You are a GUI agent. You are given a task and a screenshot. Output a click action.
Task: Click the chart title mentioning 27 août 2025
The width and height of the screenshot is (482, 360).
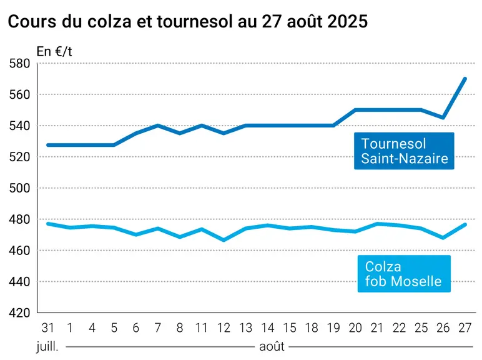pos(187,22)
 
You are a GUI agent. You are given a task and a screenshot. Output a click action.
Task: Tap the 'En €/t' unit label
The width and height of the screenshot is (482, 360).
pos(54,52)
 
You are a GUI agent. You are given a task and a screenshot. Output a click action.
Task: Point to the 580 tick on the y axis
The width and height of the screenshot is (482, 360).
pos(20,64)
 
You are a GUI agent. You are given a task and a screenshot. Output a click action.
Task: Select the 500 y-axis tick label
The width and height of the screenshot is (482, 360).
pos(20,188)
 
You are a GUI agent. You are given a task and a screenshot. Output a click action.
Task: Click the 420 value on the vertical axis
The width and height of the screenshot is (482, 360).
pos(20,313)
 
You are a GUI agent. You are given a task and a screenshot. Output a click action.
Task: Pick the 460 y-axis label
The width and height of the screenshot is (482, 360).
pos(20,251)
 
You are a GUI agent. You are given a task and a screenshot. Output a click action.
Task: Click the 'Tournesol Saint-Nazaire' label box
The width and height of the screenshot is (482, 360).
pos(404,151)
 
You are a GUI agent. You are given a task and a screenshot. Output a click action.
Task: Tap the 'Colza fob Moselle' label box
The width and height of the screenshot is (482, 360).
pos(404,274)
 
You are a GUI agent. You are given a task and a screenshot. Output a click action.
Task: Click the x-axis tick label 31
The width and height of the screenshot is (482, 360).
pos(47,328)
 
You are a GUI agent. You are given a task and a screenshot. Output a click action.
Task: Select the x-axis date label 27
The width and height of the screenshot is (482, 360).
pos(465,328)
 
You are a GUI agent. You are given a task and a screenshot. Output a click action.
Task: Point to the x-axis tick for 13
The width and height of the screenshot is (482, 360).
pos(245,328)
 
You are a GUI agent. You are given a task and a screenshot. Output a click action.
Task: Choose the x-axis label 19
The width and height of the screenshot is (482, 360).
pos(333,328)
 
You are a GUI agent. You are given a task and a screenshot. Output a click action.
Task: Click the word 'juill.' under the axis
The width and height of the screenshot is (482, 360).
pos(47,347)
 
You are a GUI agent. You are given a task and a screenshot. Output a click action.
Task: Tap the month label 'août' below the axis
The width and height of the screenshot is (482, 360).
pos(272,347)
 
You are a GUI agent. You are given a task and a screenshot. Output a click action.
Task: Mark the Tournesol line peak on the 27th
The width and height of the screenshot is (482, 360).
pos(465,79)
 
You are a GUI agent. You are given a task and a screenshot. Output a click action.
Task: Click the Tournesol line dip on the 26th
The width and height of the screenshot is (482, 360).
pos(443,117)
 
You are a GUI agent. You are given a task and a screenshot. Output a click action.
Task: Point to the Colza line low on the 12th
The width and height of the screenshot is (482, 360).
pos(224,240)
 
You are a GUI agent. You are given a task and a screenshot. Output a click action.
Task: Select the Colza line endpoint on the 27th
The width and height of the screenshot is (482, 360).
pos(465,224)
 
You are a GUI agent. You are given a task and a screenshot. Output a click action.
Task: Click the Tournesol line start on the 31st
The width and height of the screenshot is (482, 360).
pos(48,145)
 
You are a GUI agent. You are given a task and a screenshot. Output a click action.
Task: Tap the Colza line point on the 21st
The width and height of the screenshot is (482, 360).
pos(377,224)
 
